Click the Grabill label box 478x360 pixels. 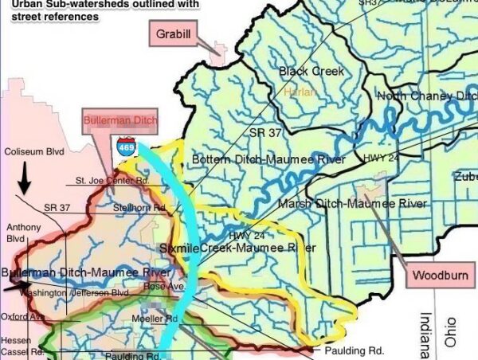[173, 34]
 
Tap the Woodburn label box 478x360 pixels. [441, 276]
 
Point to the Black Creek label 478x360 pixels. [311, 72]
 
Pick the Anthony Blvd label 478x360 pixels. [23, 233]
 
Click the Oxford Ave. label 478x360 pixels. [21, 315]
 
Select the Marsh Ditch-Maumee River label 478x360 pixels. [352, 205]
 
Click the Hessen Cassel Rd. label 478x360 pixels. [17, 345]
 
